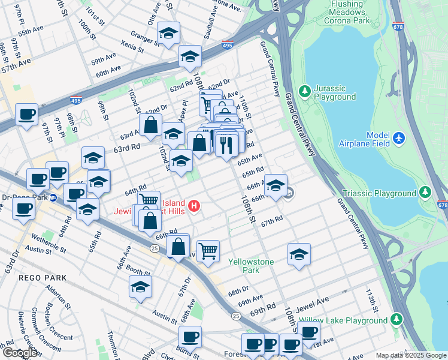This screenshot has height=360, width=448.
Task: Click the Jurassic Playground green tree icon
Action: [305, 90]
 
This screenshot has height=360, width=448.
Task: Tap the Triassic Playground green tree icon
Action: [425, 193]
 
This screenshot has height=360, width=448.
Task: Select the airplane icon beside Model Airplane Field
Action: [399, 139]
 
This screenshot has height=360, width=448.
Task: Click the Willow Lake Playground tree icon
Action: [396, 320]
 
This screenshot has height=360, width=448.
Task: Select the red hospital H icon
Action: [194, 206]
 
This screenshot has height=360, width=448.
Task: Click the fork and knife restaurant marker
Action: [226, 145]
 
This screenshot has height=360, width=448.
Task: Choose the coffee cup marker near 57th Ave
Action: [26, 113]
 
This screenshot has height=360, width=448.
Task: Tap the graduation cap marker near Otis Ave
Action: [169, 35]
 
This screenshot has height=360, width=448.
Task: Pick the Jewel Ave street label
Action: [314, 301]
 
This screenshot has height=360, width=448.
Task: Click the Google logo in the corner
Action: [19, 353]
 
